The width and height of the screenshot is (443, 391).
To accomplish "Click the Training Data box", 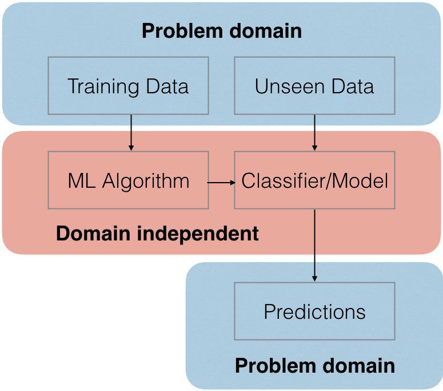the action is point(128,86).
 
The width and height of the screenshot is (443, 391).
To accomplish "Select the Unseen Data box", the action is point(314,86).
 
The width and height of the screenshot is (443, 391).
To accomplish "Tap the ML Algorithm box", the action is point(128,180).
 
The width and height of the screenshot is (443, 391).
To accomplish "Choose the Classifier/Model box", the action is point(314,180).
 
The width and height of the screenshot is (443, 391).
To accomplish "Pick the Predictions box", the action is point(314,311).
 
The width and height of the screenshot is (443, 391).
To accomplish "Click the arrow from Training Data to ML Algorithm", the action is point(131,133).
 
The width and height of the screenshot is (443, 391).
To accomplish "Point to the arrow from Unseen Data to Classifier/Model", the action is point(314,133).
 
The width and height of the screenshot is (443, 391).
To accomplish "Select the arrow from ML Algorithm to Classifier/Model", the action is point(221,183).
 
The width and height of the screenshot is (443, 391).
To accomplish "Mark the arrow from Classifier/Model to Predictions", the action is point(314,246).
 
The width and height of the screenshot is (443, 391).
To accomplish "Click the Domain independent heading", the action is point(157,234).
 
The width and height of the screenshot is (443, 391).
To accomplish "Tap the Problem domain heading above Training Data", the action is point(222,31).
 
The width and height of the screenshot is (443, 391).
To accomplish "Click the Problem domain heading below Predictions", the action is point(315,366).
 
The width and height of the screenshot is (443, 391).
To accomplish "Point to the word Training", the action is point(103,87).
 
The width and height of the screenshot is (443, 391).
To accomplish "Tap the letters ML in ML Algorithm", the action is point(81,180).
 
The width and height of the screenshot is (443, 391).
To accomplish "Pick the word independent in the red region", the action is point(198,234).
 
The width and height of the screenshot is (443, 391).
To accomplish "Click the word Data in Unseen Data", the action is point(353,86).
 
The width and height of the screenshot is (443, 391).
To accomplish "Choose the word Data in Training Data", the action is point(167,86).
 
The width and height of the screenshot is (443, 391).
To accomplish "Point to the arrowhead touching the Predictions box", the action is point(314,279).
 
